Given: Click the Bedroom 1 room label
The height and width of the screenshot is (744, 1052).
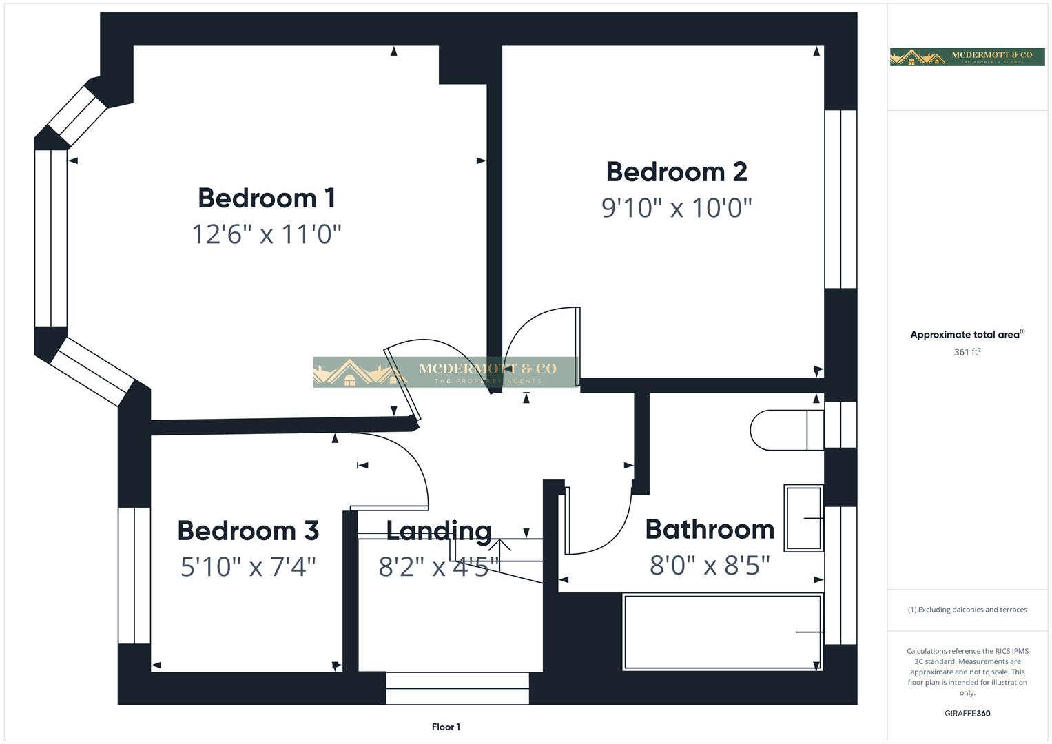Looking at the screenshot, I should (267, 198).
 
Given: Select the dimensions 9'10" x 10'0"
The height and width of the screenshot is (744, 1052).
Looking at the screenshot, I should (676, 207).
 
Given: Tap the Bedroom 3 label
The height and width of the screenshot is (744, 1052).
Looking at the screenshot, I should (248, 531).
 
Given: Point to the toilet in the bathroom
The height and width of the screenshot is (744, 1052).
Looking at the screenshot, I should (785, 431).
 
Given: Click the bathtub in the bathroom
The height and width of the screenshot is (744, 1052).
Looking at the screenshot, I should (722, 632).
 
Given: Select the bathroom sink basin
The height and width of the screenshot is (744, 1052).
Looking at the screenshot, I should (803, 518).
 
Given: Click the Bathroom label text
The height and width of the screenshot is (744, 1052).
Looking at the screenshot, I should (710, 530).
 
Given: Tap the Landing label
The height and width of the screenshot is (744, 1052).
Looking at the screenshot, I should (439, 530).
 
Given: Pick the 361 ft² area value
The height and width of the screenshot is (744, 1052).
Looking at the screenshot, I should (967, 352).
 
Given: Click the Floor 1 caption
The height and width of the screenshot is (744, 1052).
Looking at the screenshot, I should (446, 727).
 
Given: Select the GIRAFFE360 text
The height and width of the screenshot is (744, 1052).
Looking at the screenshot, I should (967, 714).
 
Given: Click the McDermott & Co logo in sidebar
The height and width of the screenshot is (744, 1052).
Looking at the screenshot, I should (967, 56).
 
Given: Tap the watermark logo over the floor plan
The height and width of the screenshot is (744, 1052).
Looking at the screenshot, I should (445, 372).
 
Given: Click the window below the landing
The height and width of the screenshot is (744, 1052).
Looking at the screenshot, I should (457, 688).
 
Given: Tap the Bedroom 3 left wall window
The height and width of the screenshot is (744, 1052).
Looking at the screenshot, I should (134, 575).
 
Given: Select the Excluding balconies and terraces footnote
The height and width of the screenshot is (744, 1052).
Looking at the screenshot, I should (967, 610).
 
